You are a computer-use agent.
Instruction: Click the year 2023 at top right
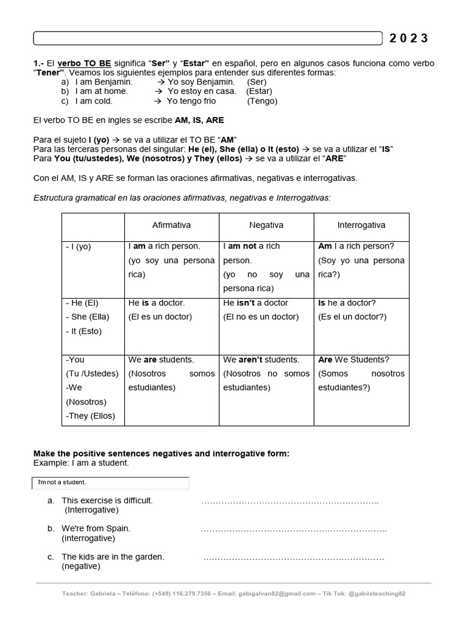(409, 38)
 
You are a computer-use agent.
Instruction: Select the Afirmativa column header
(171, 225)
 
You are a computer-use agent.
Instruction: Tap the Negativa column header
(266, 225)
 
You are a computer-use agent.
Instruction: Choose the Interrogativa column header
(361, 225)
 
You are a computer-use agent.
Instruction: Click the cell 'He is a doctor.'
(157, 303)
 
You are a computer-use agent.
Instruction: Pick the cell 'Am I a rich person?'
(356, 246)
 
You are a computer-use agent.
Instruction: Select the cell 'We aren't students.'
(261, 360)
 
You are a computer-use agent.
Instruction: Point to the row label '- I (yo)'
(78, 247)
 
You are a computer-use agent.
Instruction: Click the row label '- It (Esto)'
(83, 331)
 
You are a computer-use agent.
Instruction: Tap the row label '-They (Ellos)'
(90, 416)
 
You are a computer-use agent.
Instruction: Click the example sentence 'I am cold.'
(94, 101)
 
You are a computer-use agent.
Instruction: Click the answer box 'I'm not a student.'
(110, 483)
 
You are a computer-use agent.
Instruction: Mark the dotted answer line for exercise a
(289, 502)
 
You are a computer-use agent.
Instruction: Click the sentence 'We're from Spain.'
(96, 528)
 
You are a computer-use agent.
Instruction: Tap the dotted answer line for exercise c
(294, 558)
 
